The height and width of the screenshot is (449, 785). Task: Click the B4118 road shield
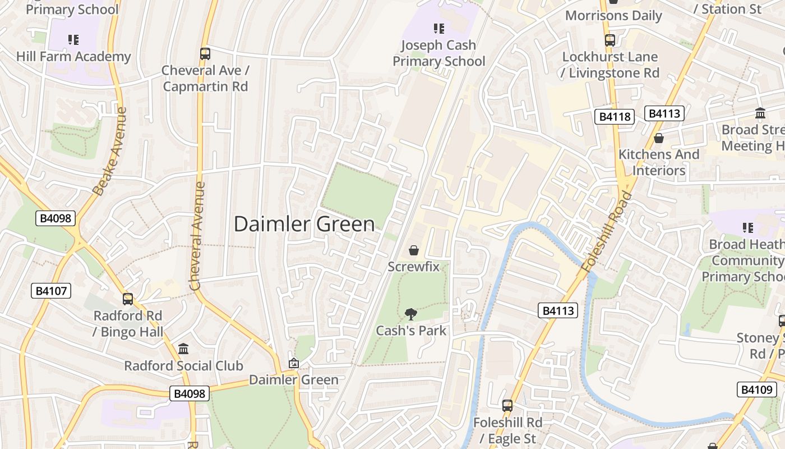click(614, 117)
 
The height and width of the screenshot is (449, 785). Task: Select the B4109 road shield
click(756, 390)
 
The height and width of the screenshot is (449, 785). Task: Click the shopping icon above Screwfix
click(414, 250)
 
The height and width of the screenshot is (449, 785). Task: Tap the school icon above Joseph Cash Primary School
click(438, 29)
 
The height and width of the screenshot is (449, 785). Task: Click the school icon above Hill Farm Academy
click(73, 40)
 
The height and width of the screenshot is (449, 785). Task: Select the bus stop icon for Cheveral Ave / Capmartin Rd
click(205, 54)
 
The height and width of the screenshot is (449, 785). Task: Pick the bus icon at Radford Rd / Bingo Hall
click(128, 299)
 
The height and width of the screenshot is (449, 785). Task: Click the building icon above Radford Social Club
click(183, 349)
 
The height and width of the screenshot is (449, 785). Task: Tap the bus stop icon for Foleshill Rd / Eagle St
click(507, 405)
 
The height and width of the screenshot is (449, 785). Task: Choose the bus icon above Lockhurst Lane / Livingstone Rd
click(610, 40)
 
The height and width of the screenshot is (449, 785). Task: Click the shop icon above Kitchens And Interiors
click(659, 138)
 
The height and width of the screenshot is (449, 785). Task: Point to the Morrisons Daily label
click(613, 16)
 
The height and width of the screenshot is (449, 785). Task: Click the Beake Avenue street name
click(110, 152)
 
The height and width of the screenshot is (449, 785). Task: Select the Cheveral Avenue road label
click(197, 236)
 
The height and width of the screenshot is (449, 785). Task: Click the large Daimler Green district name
click(304, 224)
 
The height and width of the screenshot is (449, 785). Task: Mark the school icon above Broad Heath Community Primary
click(747, 228)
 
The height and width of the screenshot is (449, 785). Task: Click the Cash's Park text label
click(411, 331)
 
